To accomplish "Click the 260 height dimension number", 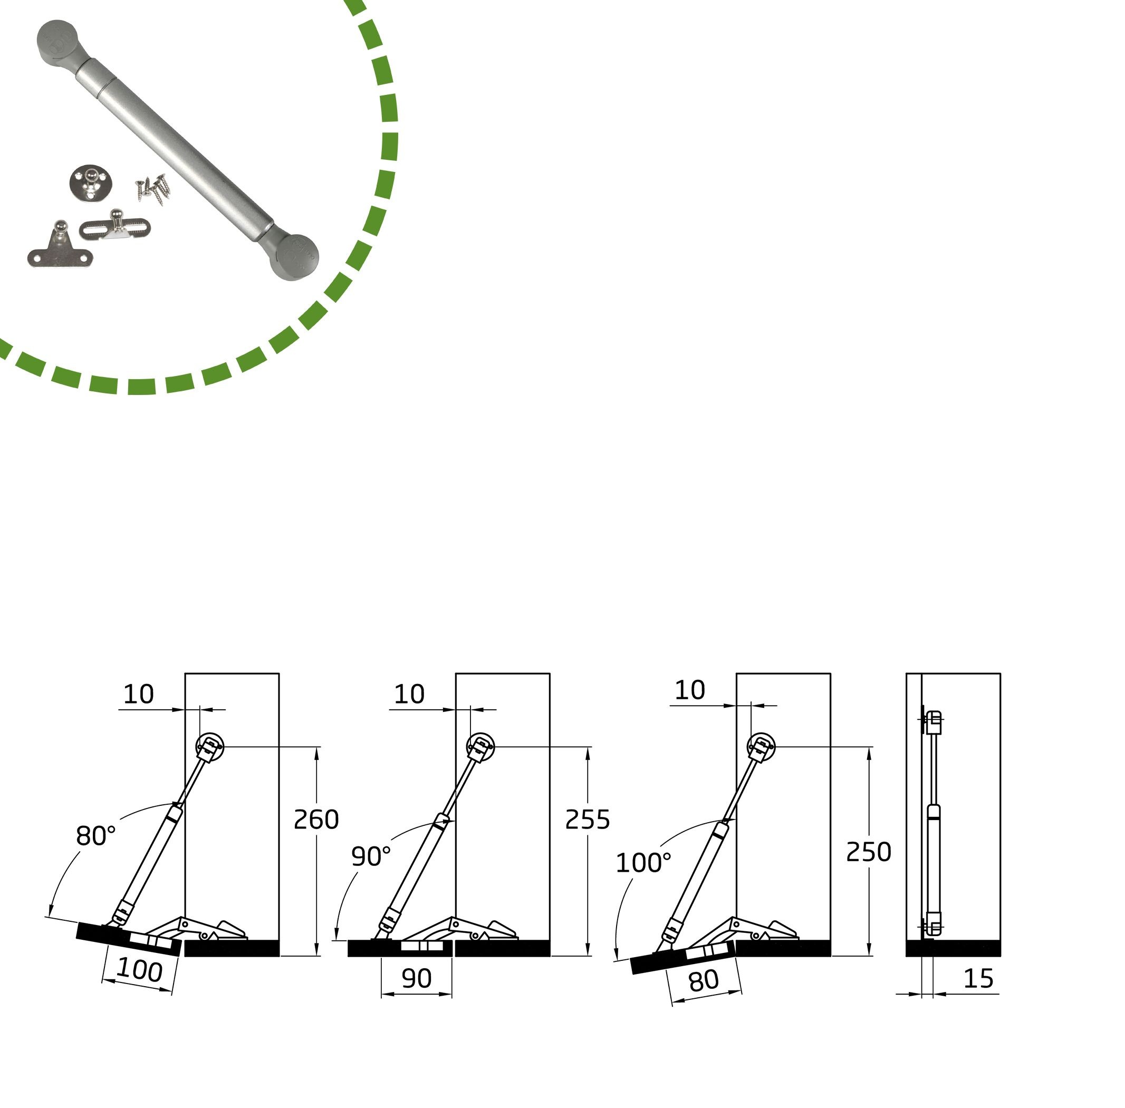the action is coord(316,820).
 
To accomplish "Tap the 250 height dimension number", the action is coord(868,852).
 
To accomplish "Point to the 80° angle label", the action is coord(96,836).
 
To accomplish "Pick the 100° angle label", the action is coord(643,863).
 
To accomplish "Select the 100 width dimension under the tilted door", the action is coord(140,970).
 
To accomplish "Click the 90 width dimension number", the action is coord(417,978).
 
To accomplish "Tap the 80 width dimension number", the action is coord(704,981).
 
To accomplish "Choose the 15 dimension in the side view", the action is coord(978,979).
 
